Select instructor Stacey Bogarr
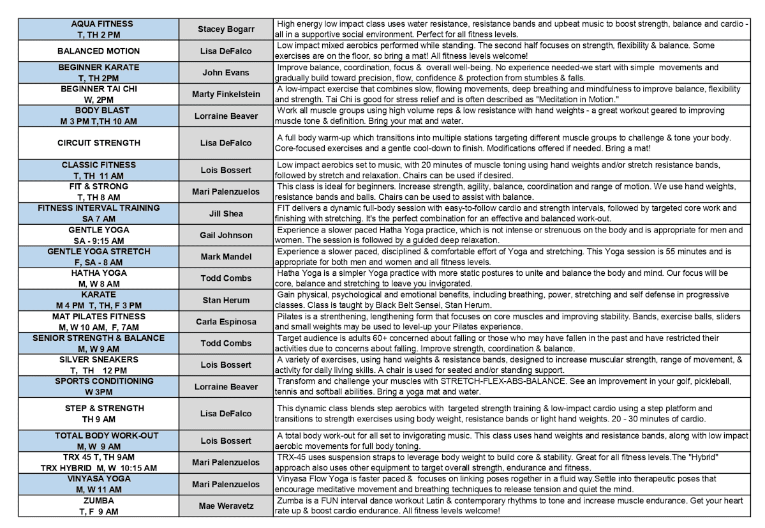tap(226, 29)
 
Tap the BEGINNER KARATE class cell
tap(98, 72)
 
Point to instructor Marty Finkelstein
tap(226, 94)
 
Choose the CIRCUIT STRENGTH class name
tap(98, 143)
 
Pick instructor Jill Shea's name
tap(226, 213)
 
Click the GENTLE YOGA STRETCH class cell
tap(98, 257)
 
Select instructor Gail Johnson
tap(226, 235)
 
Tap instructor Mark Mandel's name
tap(226, 257)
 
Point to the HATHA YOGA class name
tap(98, 273)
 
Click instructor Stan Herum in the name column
tap(226, 300)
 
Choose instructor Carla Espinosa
tap(226, 322)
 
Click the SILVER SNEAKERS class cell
tap(98, 365)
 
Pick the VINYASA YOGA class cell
tap(98, 484)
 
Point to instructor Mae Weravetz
tap(226, 506)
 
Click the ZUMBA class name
tap(98, 501)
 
